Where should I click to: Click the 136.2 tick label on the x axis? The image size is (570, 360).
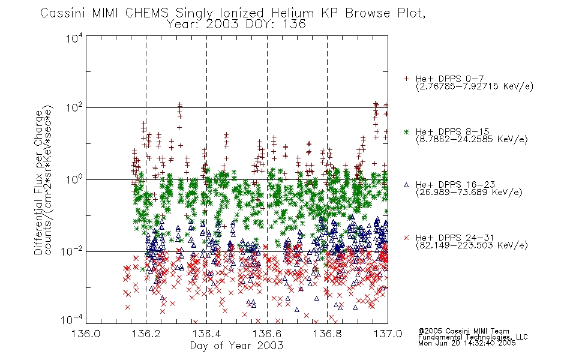pyautogui.click(x=146, y=334)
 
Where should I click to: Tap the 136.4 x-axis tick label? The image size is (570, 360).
pyautogui.click(x=206, y=334)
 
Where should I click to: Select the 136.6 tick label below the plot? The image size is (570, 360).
pyautogui.click(x=267, y=334)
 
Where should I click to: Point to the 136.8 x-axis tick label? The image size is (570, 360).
pyautogui.click(x=327, y=334)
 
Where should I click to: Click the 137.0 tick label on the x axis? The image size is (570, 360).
pyautogui.click(x=388, y=334)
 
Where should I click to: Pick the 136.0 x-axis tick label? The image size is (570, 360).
pyautogui.click(x=86, y=334)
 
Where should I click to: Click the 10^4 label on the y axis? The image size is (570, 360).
pyautogui.click(x=74, y=38)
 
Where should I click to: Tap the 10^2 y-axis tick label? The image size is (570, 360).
pyautogui.click(x=74, y=107)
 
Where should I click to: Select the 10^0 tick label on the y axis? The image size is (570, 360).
pyautogui.click(x=74, y=179)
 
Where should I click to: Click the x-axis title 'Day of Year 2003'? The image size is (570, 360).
pyautogui.click(x=236, y=346)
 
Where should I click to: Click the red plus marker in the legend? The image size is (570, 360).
pyautogui.click(x=406, y=79)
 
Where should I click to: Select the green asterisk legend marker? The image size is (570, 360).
pyautogui.click(x=406, y=131)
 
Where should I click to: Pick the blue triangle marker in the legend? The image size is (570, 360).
pyautogui.click(x=406, y=185)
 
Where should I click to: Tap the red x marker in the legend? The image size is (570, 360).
pyautogui.click(x=406, y=238)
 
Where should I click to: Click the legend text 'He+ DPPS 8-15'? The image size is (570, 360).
pyautogui.click(x=452, y=131)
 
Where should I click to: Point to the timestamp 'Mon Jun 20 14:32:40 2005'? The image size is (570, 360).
pyautogui.click(x=467, y=343)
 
